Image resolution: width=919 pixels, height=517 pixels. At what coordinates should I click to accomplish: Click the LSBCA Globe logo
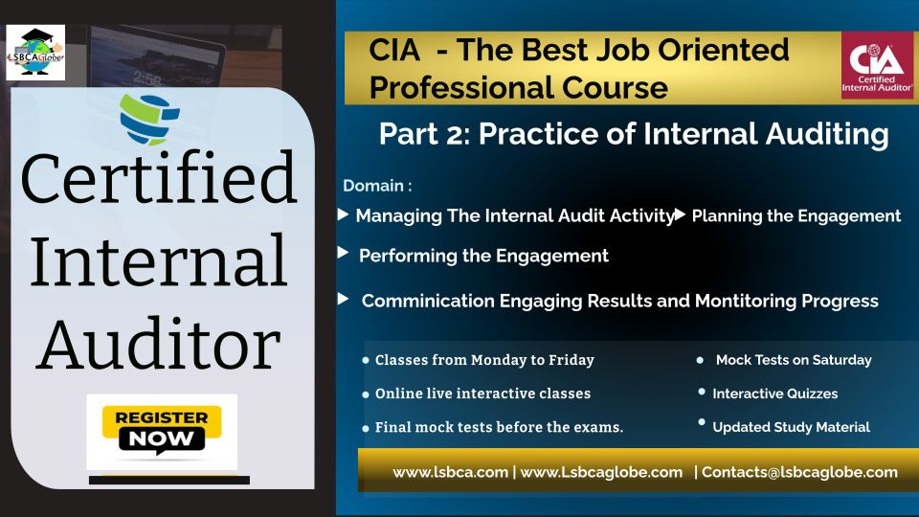(35, 53)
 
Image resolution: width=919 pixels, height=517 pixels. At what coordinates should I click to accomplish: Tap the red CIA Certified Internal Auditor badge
(877, 64)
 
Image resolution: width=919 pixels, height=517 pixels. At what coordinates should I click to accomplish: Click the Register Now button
(162, 432)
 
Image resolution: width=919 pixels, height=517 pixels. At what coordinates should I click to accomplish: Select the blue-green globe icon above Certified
(149, 120)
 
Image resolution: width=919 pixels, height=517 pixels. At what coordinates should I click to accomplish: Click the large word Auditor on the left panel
(158, 344)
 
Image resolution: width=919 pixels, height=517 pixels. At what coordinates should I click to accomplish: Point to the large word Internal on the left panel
(159, 259)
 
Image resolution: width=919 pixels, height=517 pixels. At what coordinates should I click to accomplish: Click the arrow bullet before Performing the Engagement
(344, 253)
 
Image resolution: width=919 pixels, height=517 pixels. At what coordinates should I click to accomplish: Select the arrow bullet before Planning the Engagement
(680, 214)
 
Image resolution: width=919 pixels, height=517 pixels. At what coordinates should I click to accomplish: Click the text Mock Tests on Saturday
(794, 360)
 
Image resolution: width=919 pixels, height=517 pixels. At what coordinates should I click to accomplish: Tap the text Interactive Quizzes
(774, 393)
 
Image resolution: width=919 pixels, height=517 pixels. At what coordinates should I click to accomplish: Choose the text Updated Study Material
(792, 427)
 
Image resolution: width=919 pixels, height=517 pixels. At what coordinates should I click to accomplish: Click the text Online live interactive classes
(482, 393)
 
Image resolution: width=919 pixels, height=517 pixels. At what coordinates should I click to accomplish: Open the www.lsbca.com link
(450, 472)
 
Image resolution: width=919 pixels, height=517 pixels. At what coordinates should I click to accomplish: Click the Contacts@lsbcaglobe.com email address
(799, 472)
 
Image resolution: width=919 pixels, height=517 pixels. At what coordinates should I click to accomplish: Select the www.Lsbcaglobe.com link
(601, 472)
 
